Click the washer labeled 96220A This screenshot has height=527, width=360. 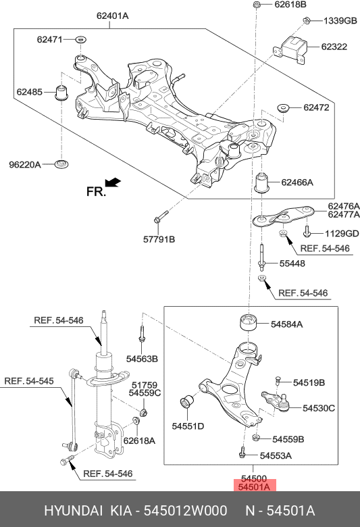[x=62, y=164]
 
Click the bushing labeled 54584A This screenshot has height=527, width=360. [x=250, y=322]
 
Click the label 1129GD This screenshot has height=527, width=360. [x=342, y=234]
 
